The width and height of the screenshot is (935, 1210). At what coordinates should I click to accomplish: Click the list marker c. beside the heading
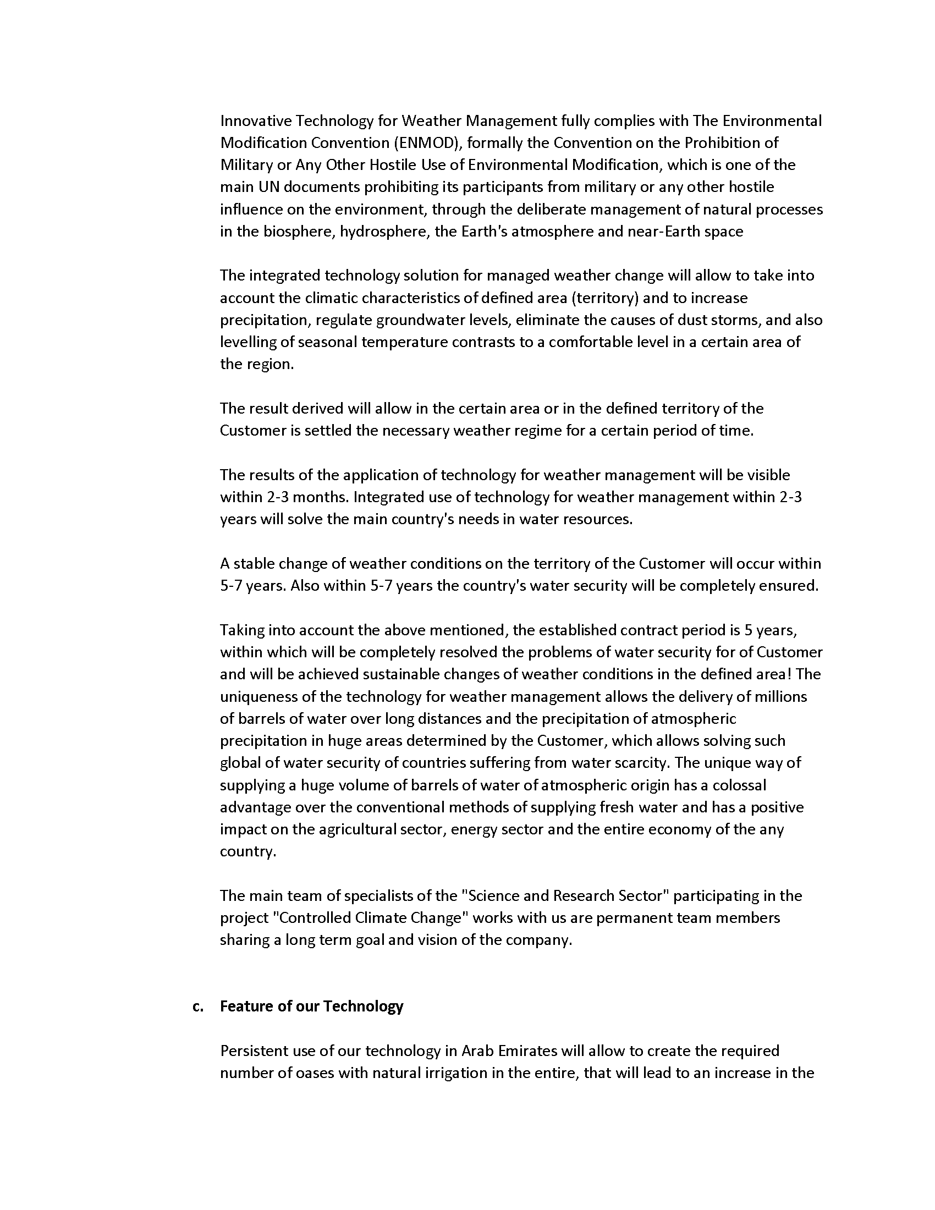[198, 1006]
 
